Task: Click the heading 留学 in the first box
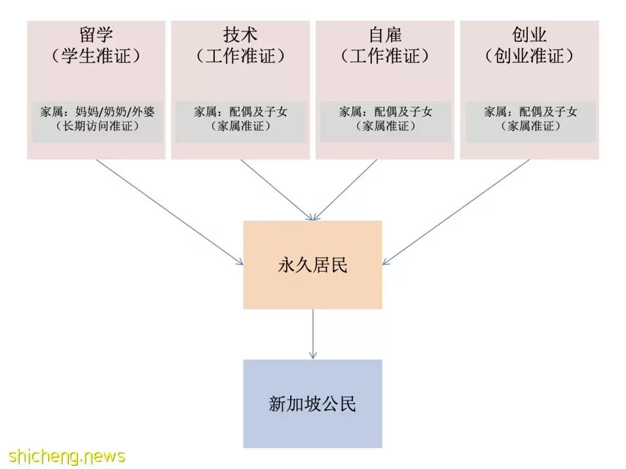coord(96,35)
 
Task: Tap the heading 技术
coord(240,35)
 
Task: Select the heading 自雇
coord(385,35)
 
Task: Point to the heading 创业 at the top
coord(529,35)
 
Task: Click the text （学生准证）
coord(96,56)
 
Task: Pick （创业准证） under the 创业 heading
coord(529,56)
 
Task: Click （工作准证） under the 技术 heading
coord(240,56)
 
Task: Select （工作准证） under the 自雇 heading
coord(385,56)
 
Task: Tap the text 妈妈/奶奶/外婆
coord(115,111)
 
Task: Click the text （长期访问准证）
coord(98,126)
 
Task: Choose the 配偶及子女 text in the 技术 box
coord(258,111)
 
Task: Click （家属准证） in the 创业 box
coord(530,126)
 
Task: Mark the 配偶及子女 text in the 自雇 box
coord(403,111)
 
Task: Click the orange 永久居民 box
coord(312,265)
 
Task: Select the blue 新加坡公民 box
coord(312,403)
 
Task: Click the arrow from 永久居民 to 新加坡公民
coord(313,334)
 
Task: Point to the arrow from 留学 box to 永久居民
coord(170,212)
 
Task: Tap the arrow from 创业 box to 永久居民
coord(456,212)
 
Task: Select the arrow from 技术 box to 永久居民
coord(277,190)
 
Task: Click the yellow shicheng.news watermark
coord(66,456)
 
